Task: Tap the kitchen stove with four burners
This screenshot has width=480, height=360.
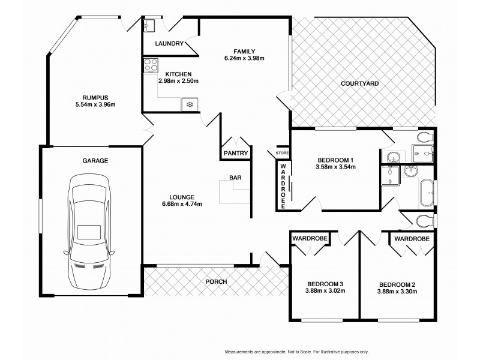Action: pos(151,66)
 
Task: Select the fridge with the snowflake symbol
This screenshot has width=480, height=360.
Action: pos(190,105)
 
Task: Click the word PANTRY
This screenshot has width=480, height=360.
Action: pos(235,153)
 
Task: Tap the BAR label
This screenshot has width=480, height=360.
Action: pos(235,178)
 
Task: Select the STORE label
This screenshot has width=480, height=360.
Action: pos(282,153)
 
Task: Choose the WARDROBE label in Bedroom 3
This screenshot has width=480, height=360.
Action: pos(308,239)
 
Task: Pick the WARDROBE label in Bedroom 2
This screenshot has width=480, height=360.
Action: pos(412,239)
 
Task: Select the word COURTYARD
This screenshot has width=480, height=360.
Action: pos(359,83)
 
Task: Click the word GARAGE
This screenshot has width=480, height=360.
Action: pos(95,161)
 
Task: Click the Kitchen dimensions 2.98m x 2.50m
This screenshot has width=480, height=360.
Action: pos(178,80)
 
